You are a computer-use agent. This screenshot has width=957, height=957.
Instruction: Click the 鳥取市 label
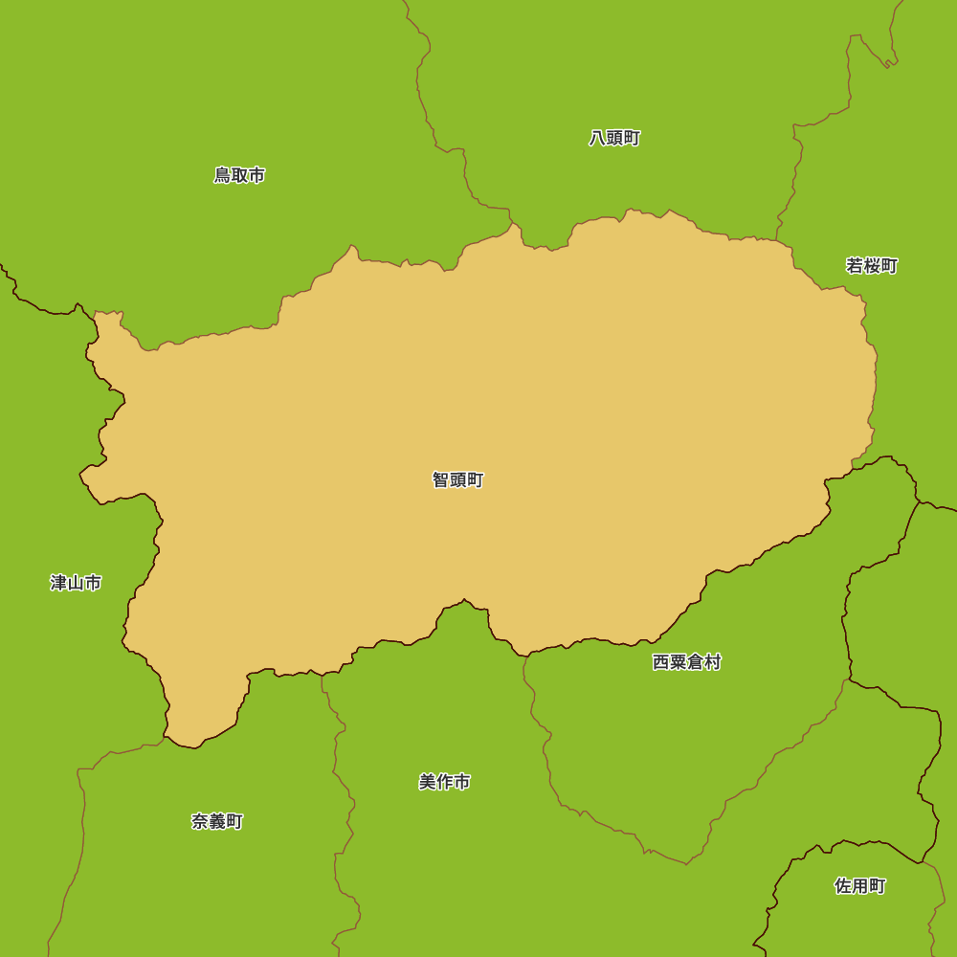[239, 175]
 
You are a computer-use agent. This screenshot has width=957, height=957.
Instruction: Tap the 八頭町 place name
[614, 138]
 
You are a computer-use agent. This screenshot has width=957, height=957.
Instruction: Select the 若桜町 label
[872, 266]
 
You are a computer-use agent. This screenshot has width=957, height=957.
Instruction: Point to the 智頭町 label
[457, 480]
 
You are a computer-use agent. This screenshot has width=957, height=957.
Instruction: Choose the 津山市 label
[76, 583]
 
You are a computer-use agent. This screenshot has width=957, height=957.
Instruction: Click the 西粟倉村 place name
[686, 662]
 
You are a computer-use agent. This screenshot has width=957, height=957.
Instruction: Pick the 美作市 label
[445, 782]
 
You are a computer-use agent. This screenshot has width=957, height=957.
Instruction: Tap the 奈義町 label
[217, 821]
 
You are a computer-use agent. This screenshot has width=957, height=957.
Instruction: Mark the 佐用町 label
[860, 886]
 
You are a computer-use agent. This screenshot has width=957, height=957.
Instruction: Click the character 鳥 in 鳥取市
[222, 175]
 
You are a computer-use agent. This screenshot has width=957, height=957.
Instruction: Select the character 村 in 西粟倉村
[712, 662]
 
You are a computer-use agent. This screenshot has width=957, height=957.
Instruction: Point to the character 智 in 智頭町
[440, 480]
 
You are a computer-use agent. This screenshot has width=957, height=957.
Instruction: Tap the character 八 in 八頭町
[597, 138]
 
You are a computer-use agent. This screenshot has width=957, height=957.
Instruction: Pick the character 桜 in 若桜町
[872, 266]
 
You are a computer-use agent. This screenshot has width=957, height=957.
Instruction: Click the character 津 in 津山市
[58, 583]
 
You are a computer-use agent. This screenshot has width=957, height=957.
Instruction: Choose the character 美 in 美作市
[428, 782]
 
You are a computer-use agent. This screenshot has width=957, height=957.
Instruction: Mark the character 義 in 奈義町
[217, 821]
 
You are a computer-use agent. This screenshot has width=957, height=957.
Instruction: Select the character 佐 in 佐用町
[843, 886]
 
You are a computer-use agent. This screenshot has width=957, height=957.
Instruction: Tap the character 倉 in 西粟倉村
[695, 662]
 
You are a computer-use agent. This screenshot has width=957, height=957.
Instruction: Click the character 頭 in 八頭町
[614, 138]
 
